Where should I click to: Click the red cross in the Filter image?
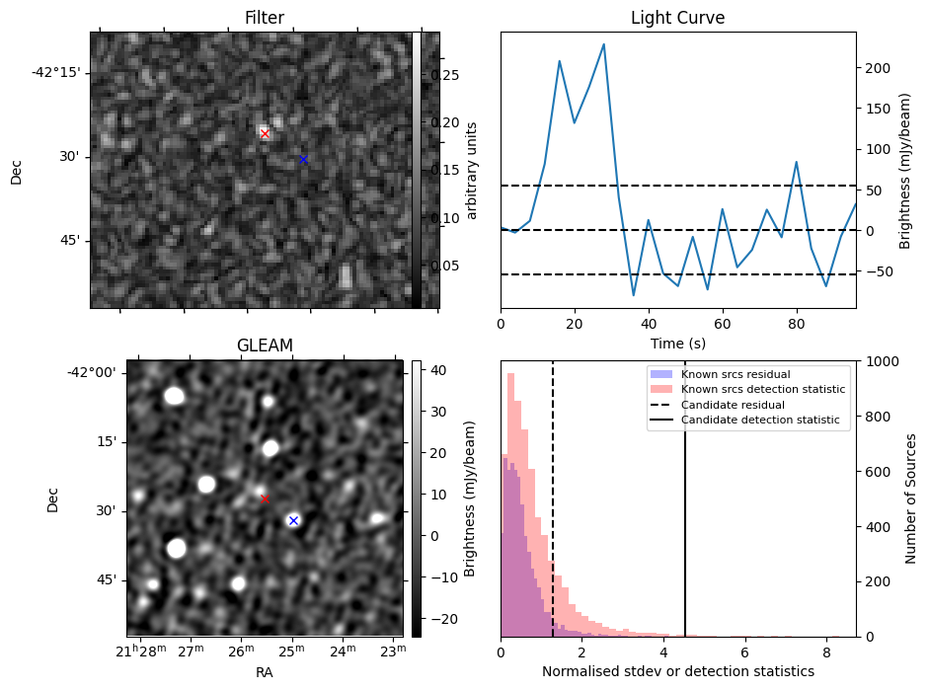tap(265, 133)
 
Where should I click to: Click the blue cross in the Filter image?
tap(303, 159)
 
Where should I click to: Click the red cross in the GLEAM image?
tap(265, 498)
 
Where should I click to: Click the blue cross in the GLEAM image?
tap(293, 520)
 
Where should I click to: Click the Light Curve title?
tap(677, 18)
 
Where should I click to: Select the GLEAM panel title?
tap(265, 345)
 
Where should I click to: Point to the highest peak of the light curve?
tap(603, 44)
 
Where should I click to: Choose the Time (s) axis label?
tap(677, 344)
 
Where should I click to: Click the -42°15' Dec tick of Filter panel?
tap(56, 72)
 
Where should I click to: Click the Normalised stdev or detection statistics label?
tap(677, 671)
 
